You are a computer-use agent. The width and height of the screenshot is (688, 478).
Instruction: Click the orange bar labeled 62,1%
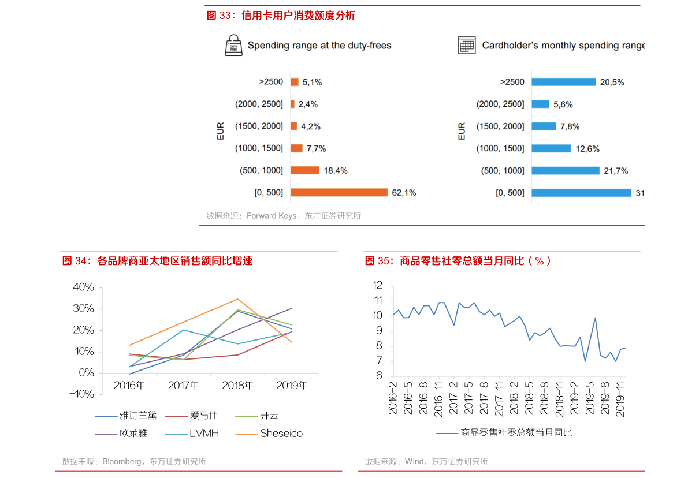(339, 192)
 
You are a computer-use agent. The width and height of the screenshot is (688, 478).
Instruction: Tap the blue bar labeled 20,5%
(564, 82)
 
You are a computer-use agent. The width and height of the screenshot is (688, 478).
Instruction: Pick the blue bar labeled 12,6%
(552, 149)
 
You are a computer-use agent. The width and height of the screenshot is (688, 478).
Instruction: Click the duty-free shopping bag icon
(233, 45)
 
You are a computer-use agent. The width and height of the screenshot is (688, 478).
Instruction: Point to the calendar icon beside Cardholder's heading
(467, 45)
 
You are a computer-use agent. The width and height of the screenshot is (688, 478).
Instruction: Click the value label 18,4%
(336, 170)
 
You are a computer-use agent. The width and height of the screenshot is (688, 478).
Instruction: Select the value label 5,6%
(563, 104)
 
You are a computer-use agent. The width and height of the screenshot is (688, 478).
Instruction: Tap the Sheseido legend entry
(269, 434)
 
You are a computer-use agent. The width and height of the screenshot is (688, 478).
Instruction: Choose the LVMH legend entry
(192, 434)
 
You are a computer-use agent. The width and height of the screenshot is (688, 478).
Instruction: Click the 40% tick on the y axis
(83, 287)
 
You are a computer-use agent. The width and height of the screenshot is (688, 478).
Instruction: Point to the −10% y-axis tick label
(81, 394)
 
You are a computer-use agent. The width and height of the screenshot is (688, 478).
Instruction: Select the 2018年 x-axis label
(237, 386)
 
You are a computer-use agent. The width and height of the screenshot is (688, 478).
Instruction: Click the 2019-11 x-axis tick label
(620, 399)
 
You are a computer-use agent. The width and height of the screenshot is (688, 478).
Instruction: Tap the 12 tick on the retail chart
(377, 285)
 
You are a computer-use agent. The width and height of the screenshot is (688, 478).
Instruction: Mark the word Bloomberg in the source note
(121, 461)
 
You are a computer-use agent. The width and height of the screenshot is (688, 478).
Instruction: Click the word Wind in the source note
(414, 461)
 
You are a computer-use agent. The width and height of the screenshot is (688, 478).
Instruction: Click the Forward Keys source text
(271, 216)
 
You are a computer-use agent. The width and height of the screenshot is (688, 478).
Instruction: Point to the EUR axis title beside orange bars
(220, 131)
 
